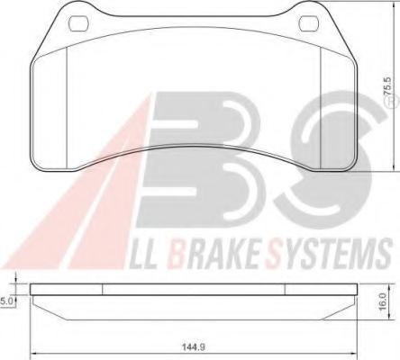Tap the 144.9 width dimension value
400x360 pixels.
tap(194, 347)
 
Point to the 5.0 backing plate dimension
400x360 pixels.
tap(5, 301)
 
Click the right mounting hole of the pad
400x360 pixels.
tap(309, 23)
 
